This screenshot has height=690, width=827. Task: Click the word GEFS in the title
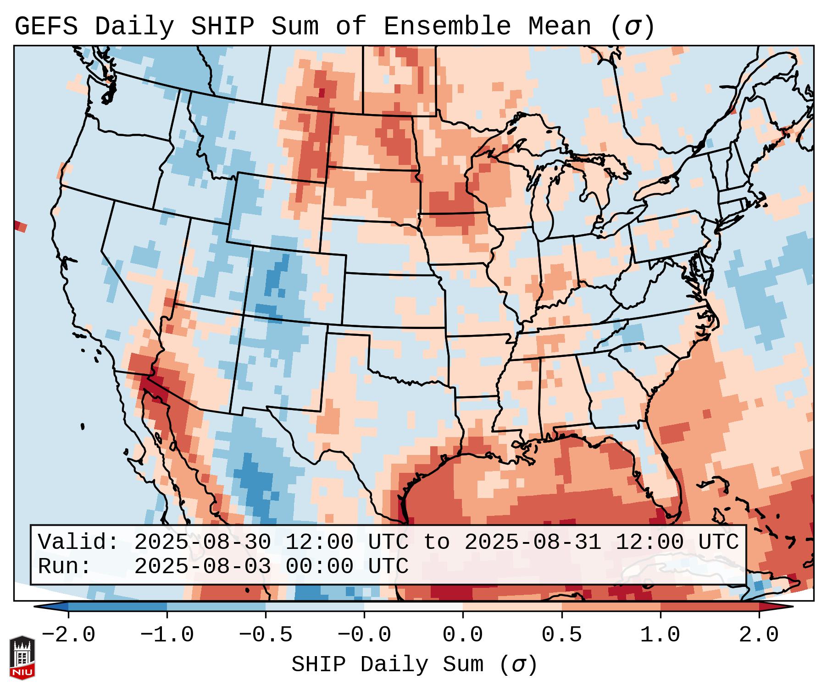(46, 27)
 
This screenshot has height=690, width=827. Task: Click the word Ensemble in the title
(447, 27)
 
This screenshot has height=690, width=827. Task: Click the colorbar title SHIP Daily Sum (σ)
(414, 665)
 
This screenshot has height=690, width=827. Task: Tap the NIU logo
(22, 657)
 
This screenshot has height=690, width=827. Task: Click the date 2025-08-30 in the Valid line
(202, 542)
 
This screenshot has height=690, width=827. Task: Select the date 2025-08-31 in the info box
(533, 542)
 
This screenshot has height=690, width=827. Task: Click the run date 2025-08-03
(202, 567)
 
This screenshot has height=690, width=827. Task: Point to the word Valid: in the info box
(78, 542)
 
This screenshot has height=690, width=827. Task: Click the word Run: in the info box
(65, 567)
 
